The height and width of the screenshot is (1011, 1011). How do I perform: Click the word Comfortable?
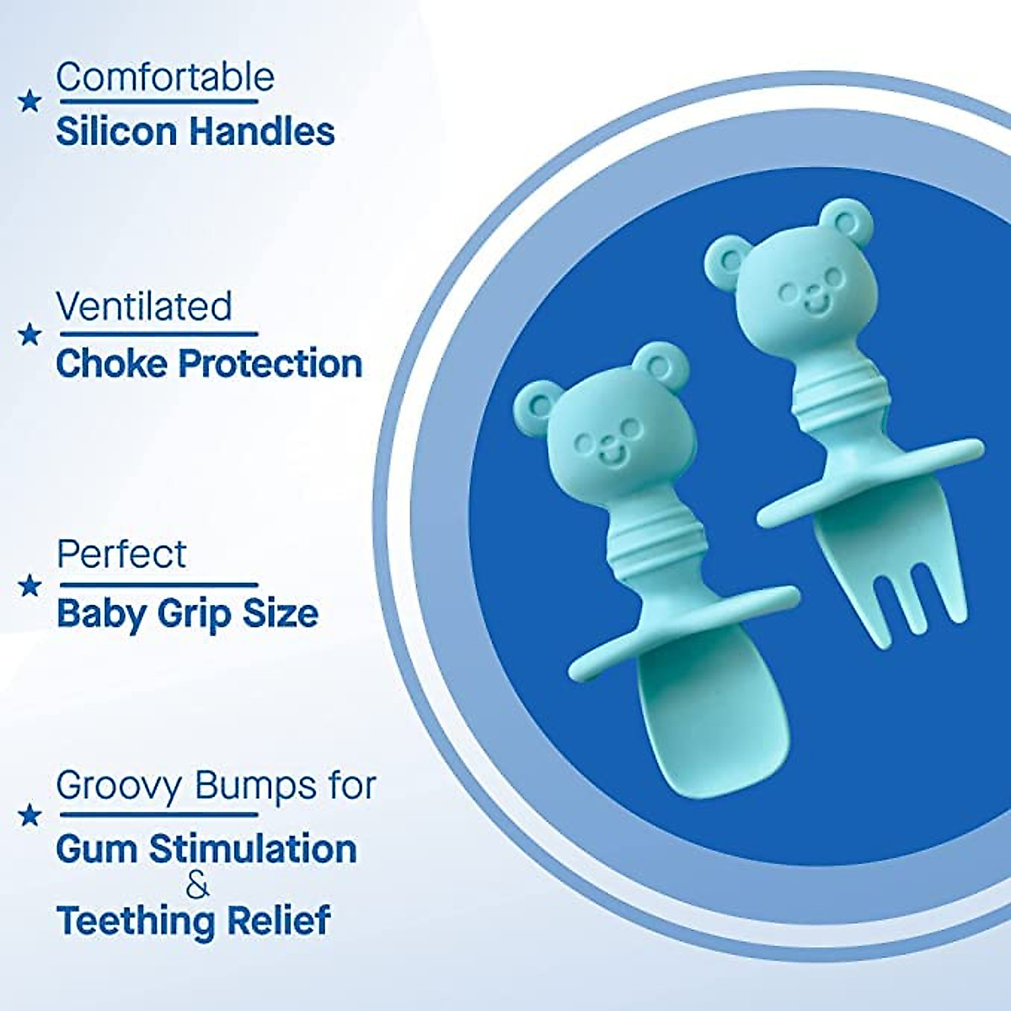[x=165, y=78]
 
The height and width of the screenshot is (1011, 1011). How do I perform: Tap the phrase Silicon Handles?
[x=195, y=132]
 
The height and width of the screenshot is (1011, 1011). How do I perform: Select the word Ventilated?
[x=144, y=307]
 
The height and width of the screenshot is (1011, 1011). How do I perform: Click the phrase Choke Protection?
[x=209, y=364]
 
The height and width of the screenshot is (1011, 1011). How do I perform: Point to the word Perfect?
[x=122, y=555]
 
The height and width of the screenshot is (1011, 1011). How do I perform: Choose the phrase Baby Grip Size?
[x=187, y=613]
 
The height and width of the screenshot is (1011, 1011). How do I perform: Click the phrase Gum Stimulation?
[x=206, y=848]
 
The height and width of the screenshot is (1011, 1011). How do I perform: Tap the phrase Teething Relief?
[x=193, y=920]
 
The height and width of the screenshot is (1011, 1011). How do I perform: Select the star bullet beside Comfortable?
[x=29, y=102]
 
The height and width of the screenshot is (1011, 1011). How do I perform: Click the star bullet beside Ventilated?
[x=29, y=335]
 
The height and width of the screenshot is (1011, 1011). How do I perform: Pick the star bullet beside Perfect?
[x=29, y=585]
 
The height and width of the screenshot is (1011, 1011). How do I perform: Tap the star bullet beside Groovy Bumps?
[x=29, y=815]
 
